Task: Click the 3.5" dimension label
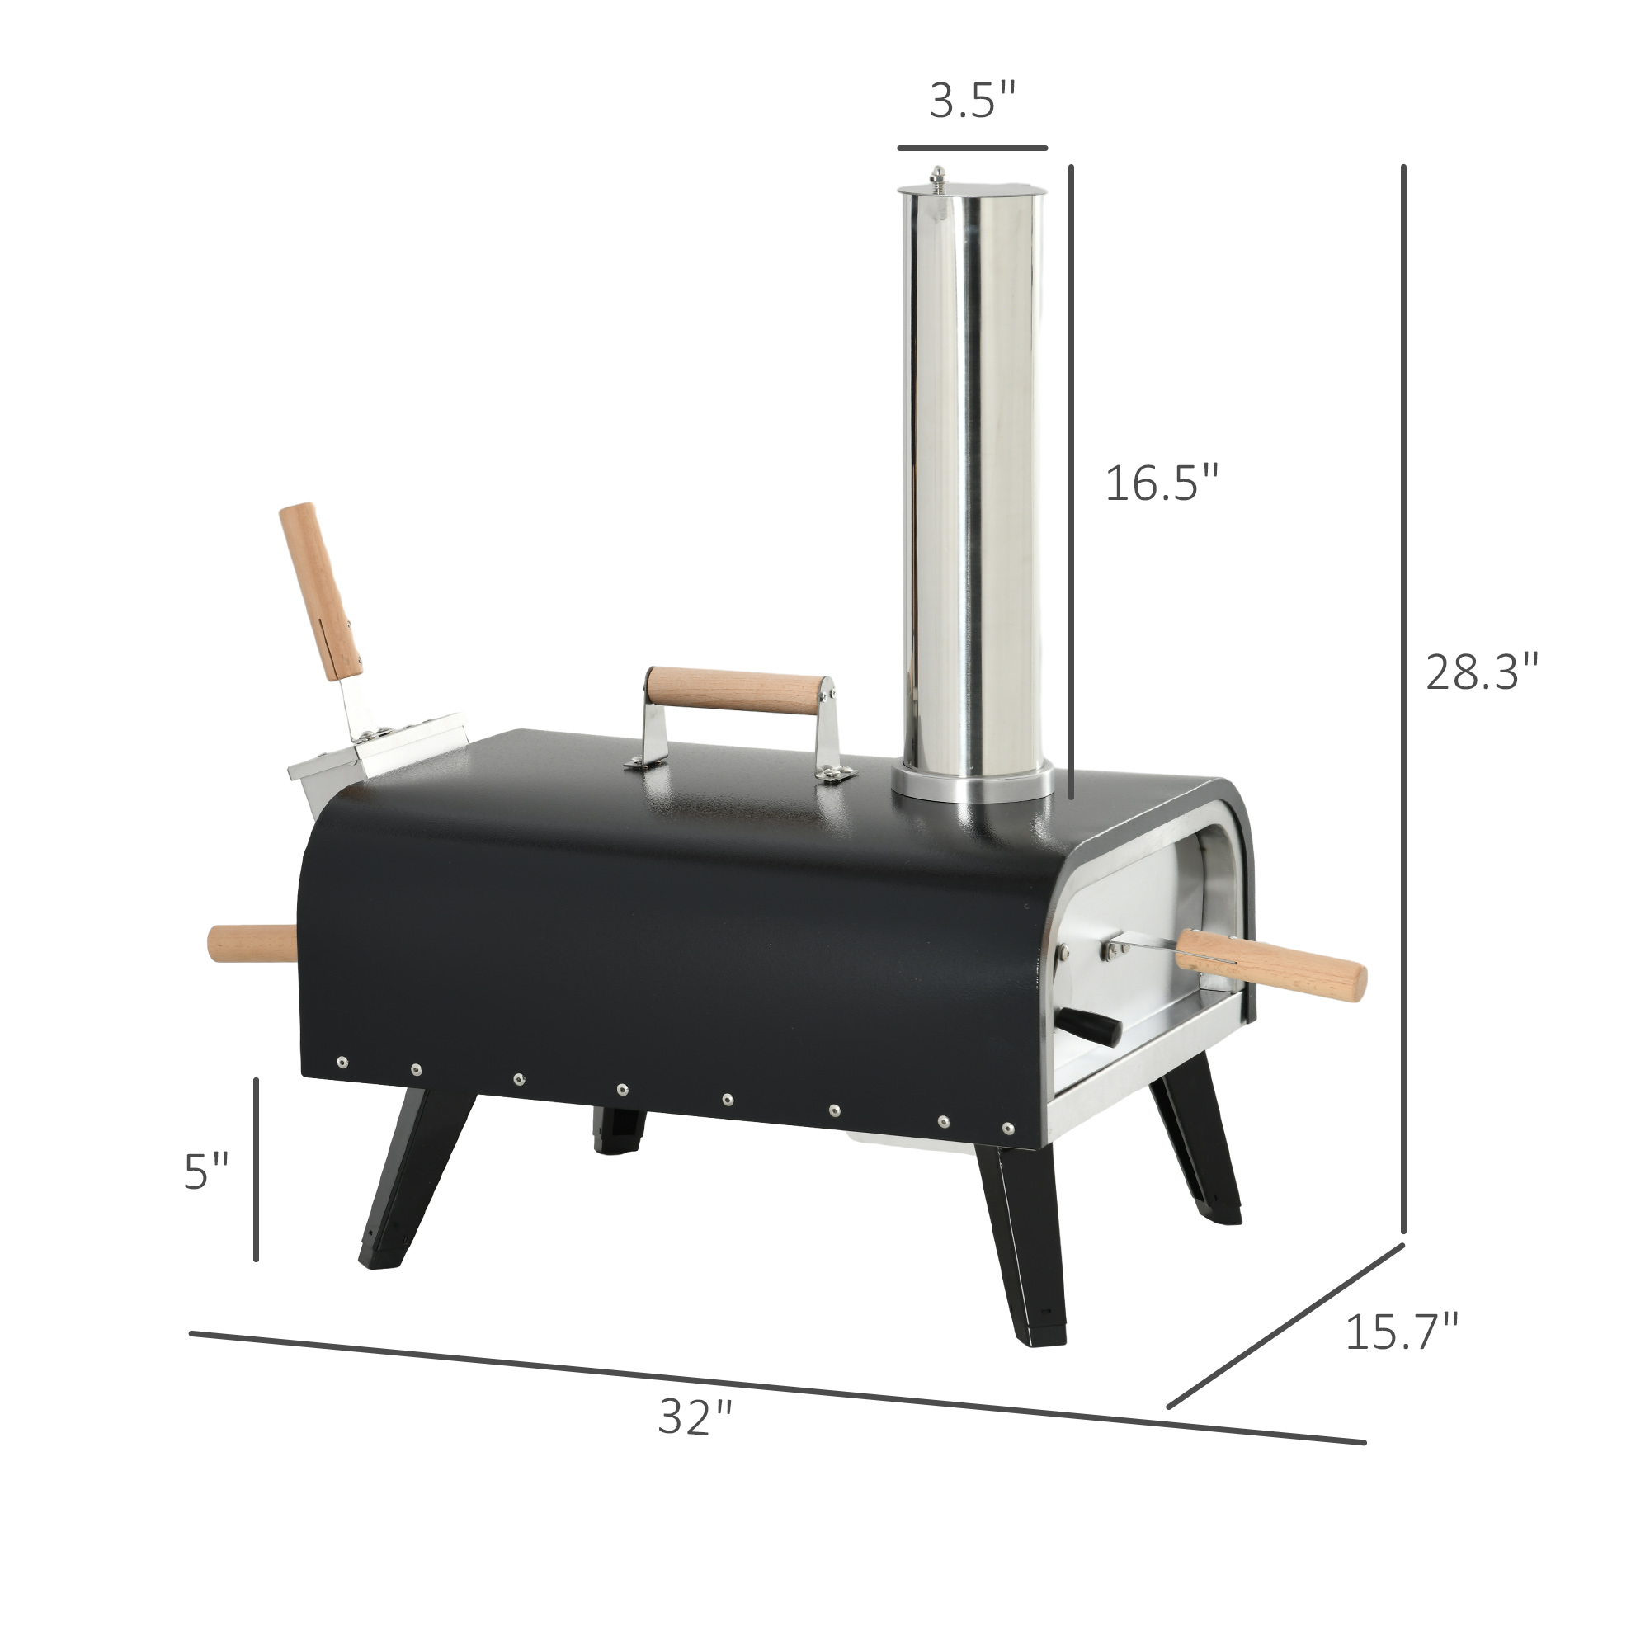[973, 101]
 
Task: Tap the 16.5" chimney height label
[1162, 483]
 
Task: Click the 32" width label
[695, 1417]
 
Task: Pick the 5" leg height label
[207, 1171]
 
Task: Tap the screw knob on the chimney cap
[939, 177]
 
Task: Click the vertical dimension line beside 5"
[257, 1170]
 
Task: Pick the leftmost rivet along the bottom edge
[342, 1063]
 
